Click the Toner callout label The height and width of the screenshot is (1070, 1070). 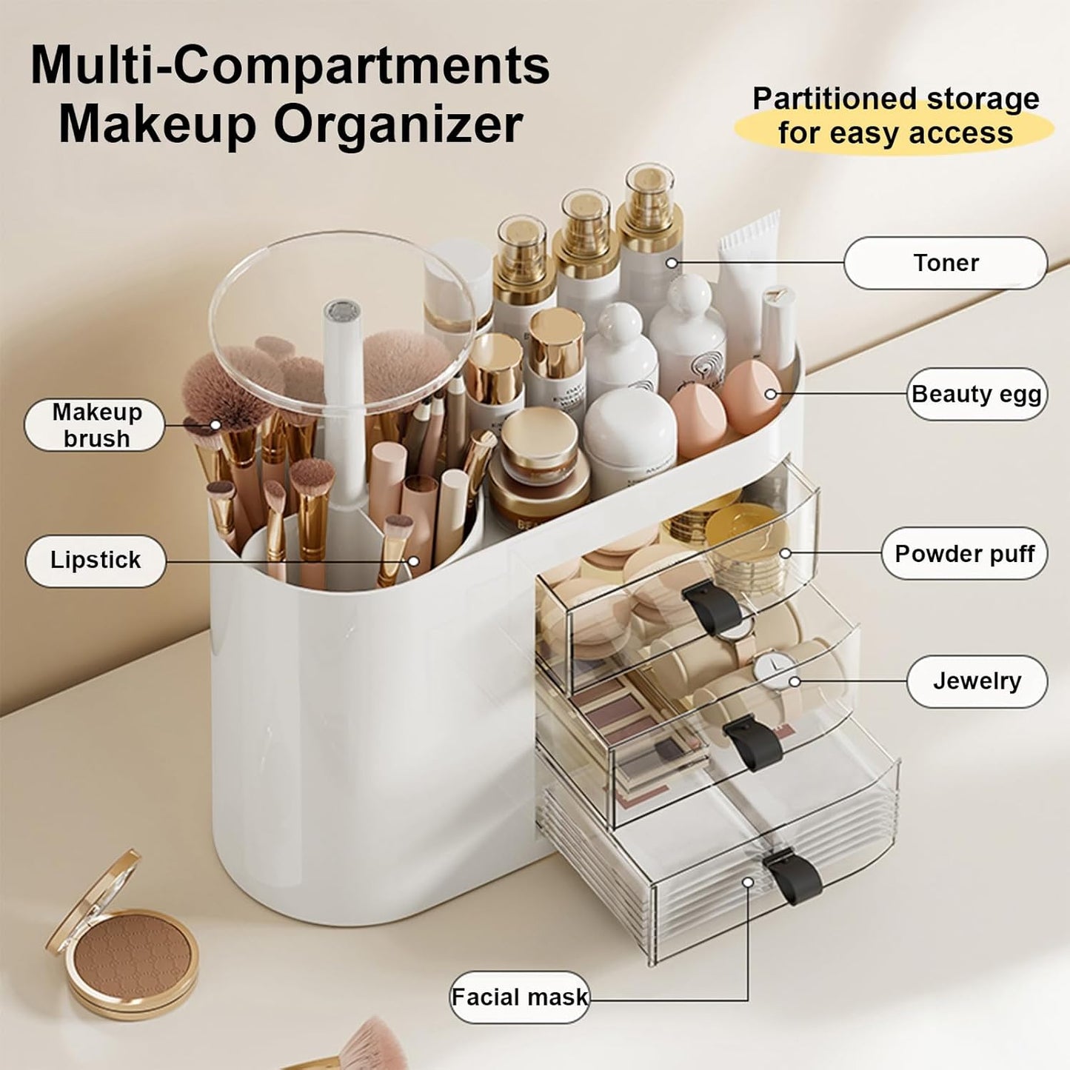(x=945, y=263)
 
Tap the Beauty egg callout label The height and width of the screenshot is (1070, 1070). (x=976, y=394)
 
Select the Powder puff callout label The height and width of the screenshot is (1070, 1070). (x=963, y=553)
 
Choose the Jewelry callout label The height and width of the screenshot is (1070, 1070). (x=976, y=681)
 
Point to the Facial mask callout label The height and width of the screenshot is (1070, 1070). (x=519, y=997)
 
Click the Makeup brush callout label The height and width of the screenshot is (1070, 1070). (x=96, y=425)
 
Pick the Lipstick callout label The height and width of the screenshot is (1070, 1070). (x=96, y=560)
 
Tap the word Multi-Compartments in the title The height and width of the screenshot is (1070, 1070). (x=290, y=66)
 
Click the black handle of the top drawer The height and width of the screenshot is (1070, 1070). (x=712, y=605)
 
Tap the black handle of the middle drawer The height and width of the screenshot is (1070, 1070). (x=753, y=743)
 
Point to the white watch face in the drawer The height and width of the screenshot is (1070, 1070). (x=772, y=669)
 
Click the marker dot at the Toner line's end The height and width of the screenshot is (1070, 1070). (x=672, y=263)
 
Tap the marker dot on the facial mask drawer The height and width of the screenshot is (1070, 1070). (x=748, y=883)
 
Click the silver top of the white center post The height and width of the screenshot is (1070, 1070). (x=342, y=311)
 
